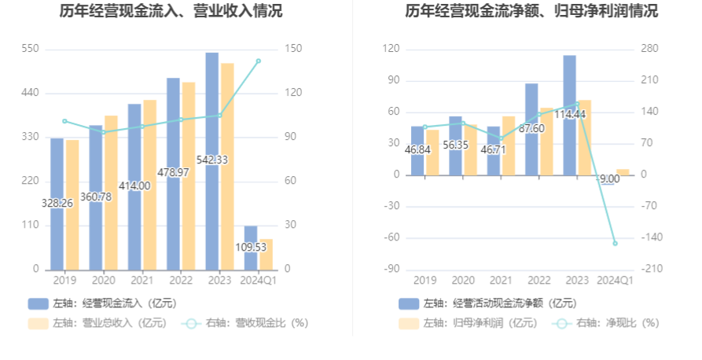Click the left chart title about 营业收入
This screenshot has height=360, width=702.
171,12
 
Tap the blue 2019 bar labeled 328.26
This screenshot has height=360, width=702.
57,204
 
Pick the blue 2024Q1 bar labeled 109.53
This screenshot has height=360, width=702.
251,247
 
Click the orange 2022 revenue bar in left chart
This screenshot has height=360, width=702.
189,175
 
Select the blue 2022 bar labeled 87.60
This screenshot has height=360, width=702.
531,129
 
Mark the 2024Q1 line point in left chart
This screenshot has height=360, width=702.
259,61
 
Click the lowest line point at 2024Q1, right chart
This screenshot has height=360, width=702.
616,243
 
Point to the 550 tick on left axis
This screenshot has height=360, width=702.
30,49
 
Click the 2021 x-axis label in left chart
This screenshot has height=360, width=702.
142,280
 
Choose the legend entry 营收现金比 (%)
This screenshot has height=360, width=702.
244,322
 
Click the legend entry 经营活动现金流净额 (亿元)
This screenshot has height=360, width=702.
487,303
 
